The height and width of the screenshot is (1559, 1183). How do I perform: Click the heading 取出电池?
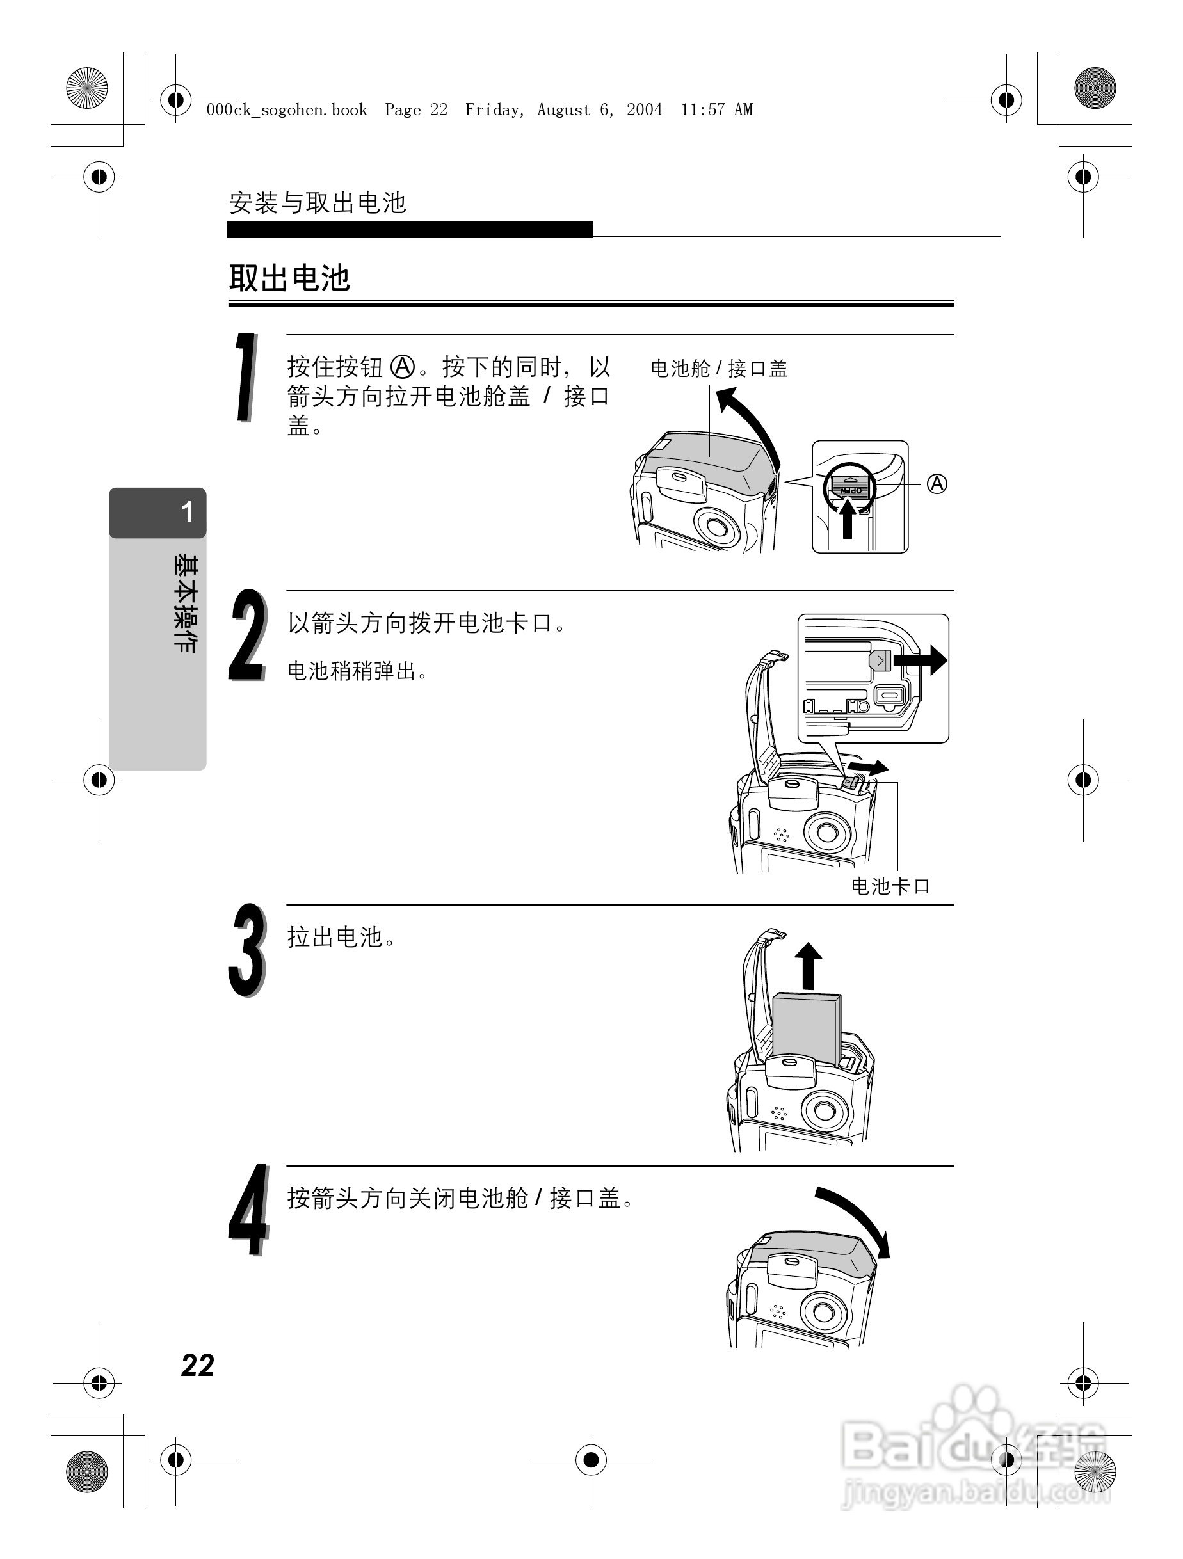(x=289, y=278)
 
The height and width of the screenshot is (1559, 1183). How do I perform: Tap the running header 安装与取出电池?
(x=318, y=203)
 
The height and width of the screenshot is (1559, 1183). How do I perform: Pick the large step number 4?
(x=249, y=1211)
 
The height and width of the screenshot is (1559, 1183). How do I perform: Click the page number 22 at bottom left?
(x=197, y=1365)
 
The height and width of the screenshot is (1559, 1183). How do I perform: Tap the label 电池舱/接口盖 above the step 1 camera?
(x=718, y=368)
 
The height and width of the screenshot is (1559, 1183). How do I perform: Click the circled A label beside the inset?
(x=937, y=484)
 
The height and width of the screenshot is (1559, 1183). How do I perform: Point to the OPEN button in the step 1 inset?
(x=849, y=487)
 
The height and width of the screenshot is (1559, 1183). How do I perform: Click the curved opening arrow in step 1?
(x=752, y=423)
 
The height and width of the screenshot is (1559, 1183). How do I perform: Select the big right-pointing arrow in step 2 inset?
(x=920, y=660)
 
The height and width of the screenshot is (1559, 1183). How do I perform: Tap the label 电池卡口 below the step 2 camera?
(x=890, y=886)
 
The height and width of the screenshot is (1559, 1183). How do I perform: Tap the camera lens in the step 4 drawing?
(x=823, y=1311)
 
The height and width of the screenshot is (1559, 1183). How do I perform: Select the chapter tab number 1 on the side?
(x=187, y=512)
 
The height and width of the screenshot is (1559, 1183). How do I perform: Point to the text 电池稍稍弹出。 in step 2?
(x=357, y=671)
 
